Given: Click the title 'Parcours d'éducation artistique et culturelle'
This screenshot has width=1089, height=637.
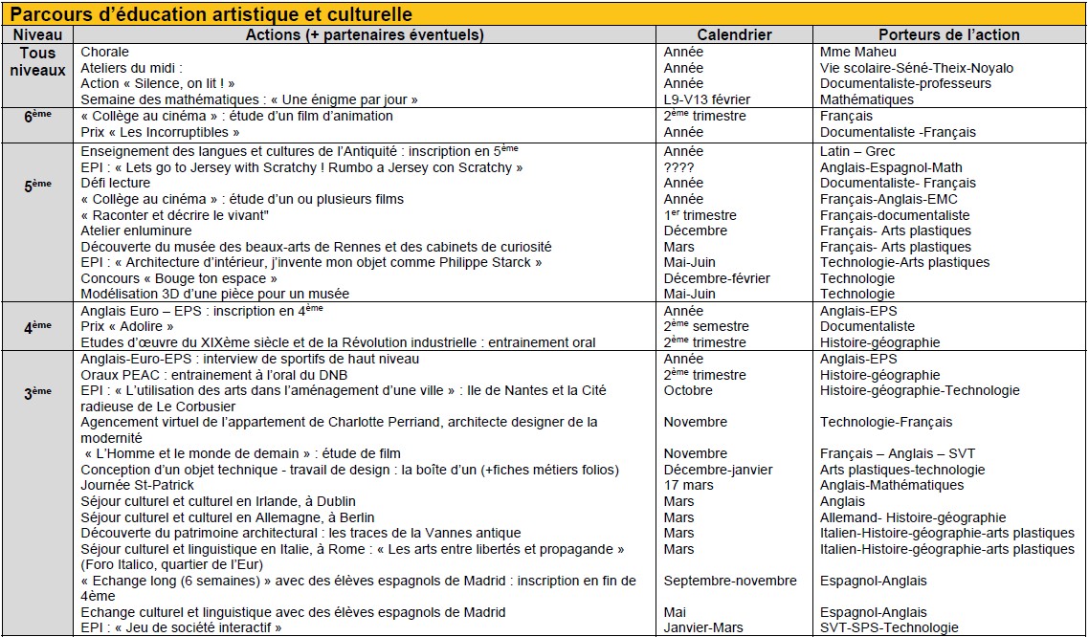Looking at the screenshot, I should [x=211, y=15].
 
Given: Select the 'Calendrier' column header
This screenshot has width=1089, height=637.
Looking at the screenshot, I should [x=734, y=34].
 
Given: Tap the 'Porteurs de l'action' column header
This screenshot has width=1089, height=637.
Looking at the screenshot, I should [x=948, y=34].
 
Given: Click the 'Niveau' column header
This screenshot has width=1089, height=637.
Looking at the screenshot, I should [x=37, y=34].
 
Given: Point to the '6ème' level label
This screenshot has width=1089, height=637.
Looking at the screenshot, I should [x=37, y=116].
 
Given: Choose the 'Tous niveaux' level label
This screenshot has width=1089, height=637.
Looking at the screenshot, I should [x=37, y=61].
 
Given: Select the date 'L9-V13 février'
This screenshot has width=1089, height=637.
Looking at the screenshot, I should [x=707, y=99].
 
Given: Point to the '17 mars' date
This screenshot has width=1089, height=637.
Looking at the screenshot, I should [x=689, y=485].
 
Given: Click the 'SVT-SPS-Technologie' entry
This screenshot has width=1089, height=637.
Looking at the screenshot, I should [x=889, y=627].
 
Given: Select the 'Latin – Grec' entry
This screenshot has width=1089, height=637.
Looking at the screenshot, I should [x=857, y=151].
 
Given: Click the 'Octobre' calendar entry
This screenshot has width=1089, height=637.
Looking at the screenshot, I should [x=688, y=390].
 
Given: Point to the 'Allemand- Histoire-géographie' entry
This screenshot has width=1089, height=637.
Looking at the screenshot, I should [x=913, y=517].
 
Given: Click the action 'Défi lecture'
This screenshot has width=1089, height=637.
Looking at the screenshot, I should [x=116, y=183].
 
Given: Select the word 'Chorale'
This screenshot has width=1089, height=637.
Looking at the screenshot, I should [x=104, y=52].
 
